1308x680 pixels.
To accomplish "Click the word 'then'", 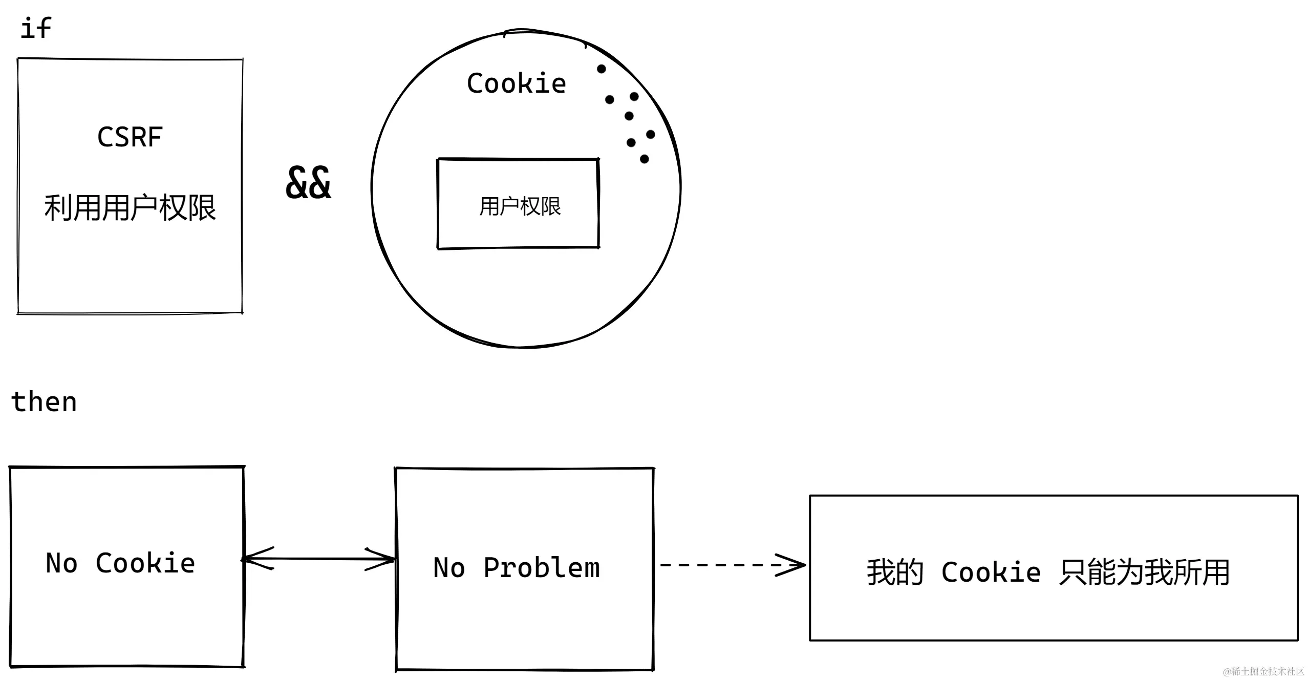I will click(x=44, y=401).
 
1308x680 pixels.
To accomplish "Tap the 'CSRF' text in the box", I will click(x=130, y=137).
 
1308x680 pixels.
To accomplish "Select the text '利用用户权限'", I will click(x=130, y=208).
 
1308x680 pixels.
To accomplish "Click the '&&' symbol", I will click(x=308, y=183).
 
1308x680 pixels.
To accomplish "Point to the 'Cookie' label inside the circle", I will click(x=516, y=83).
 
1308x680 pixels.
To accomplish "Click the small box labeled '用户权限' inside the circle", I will click(x=519, y=205).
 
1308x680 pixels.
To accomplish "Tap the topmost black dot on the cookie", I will click(x=602, y=69).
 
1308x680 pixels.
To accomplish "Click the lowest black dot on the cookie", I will click(x=645, y=159).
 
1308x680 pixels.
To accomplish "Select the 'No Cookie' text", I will click(x=120, y=563).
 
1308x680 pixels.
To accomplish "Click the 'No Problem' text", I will click(x=516, y=568).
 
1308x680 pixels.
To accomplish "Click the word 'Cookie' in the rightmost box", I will click(x=991, y=572).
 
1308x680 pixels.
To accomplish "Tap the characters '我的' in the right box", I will click(x=895, y=572).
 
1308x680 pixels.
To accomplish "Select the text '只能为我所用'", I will click(x=1144, y=572).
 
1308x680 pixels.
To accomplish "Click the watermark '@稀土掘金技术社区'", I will click(x=1263, y=671).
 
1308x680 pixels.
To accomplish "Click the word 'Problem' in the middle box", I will click(x=541, y=568).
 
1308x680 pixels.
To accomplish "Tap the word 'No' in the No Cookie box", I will click(x=61, y=563).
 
